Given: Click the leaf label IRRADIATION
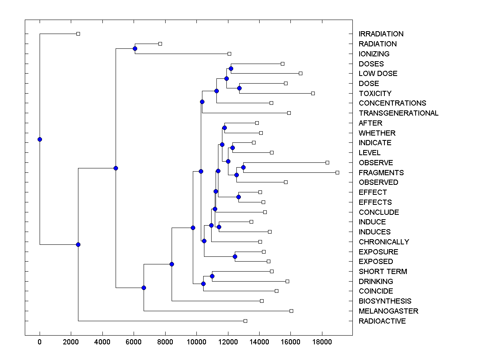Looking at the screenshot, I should tap(381, 34).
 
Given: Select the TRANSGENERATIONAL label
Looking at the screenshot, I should tap(398, 113).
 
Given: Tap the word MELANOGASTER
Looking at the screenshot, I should tap(388, 311).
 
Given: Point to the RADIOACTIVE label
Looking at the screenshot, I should tap(382, 321).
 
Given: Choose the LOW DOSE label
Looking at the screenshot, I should tap(378, 74).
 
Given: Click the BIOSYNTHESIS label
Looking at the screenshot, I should tap(385, 301).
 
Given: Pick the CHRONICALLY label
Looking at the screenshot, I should tap(384, 242).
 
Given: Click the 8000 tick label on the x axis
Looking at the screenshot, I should tap(165, 342).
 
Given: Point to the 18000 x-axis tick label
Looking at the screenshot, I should tap(322, 342).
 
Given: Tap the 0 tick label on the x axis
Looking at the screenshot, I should tap(40, 342).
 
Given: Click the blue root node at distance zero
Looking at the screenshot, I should tap(40, 139).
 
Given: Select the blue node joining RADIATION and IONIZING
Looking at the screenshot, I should tap(135, 49).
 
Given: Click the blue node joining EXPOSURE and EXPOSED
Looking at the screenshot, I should tap(235, 256).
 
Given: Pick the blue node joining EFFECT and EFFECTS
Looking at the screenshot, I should tap(238, 197).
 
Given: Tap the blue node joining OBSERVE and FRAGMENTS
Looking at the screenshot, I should tap(243, 167).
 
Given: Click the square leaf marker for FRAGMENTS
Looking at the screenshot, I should tap(337, 172).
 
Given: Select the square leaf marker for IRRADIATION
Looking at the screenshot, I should tap(78, 34).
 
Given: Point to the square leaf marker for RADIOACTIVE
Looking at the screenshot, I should tap(245, 321).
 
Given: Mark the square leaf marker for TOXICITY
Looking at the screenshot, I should tap(313, 93).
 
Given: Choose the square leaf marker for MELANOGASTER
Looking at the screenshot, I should tap(291, 311).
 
